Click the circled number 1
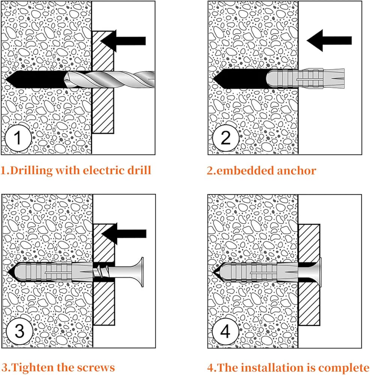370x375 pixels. [18, 138]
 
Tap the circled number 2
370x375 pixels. [226, 138]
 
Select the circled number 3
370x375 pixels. [20, 331]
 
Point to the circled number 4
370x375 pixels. [226, 331]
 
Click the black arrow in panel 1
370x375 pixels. [123, 41]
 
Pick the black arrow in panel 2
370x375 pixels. [329, 40]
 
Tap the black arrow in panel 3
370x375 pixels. [124, 234]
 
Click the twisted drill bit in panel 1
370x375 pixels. [109, 79]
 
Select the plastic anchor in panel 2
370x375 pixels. [305, 78]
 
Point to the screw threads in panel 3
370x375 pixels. [101, 272]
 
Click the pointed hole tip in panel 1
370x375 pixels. [6, 79]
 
